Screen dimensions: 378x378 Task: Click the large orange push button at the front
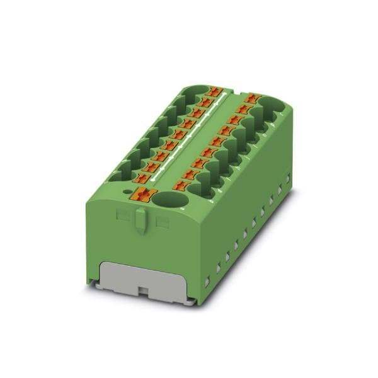(x=144, y=195)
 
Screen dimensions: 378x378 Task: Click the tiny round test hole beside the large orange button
(x=128, y=190)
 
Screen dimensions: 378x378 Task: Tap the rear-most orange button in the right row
(x=254, y=98)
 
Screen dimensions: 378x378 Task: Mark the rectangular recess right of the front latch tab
(x=163, y=222)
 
